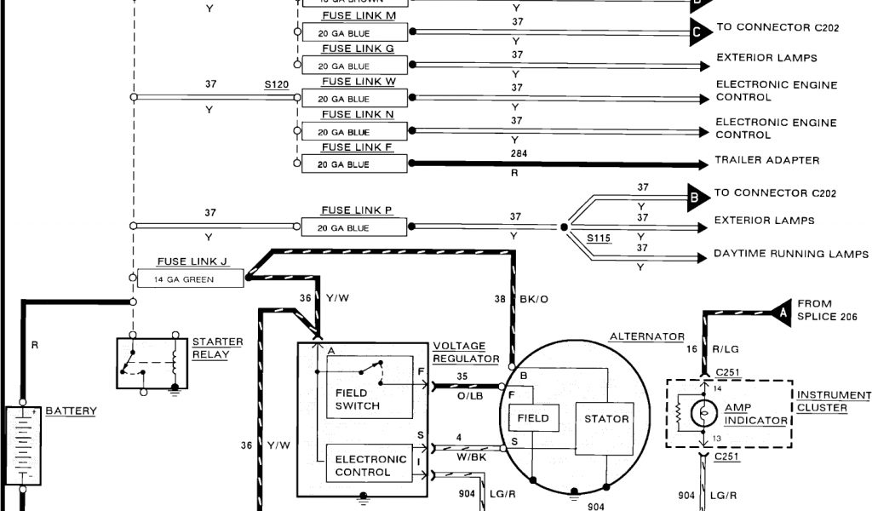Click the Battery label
[x=71, y=411]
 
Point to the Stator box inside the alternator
[x=607, y=419]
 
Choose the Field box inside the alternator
[x=533, y=419]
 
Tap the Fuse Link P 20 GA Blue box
[x=356, y=227]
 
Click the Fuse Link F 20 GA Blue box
[x=356, y=164]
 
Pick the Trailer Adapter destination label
[x=767, y=160]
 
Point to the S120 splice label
[x=277, y=85]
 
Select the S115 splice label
[x=599, y=238]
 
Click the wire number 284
[x=516, y=153]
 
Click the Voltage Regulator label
[x=465, y=353]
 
